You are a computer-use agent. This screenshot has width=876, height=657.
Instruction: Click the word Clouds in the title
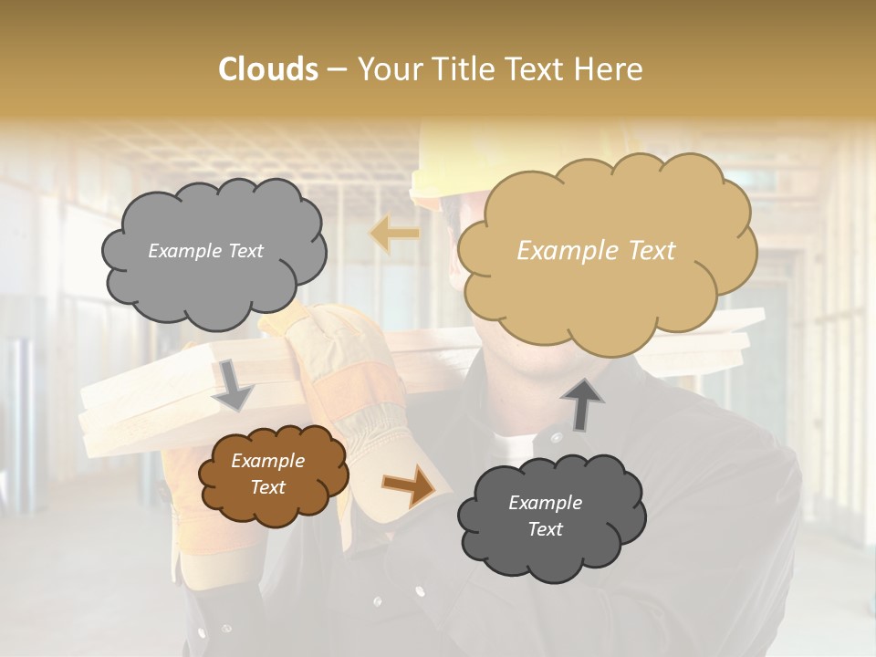click(x=267, y=68)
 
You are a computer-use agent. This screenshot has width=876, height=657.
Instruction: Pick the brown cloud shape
click(x=271, y=474)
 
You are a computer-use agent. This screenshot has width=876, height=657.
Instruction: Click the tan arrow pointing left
click(x=393, y=235)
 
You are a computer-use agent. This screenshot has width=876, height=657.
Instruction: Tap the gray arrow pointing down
click(x=234, y=384)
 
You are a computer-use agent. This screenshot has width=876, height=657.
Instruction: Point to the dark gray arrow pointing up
click(x=581, y=403)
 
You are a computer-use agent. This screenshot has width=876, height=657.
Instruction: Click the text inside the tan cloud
click(x=596, y=251)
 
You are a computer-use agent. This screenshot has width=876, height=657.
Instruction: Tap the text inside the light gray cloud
click(x=205, y=251)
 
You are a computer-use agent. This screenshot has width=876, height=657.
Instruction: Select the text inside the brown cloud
click(x=267, y=474)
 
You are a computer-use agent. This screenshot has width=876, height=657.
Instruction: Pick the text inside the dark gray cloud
click(x=545, y=516)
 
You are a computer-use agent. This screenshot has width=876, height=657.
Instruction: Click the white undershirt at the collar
click(x=516, y=444)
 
